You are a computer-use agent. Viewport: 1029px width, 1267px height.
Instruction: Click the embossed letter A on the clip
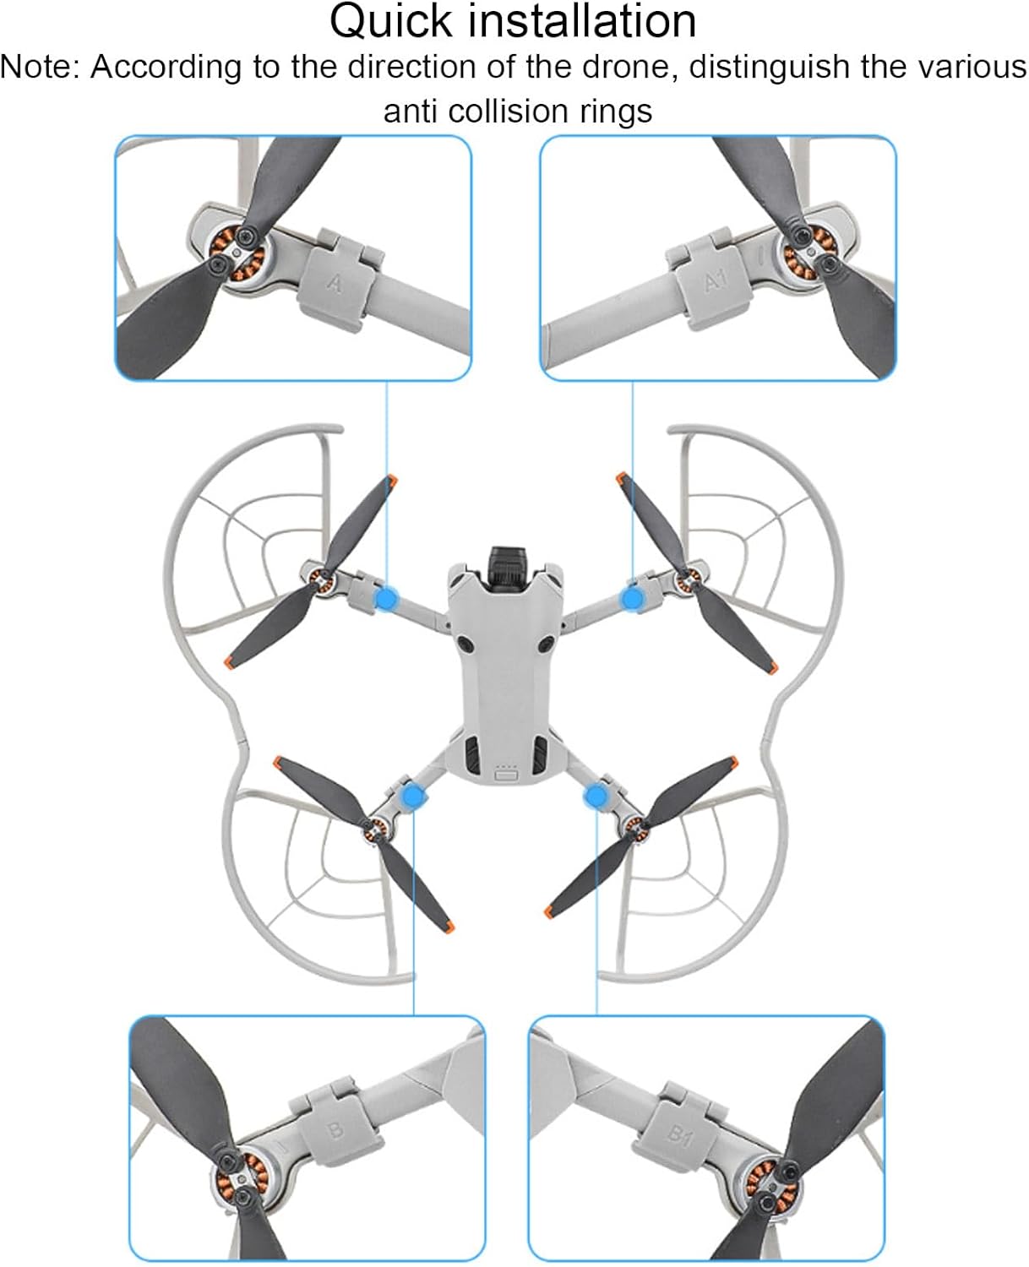335,284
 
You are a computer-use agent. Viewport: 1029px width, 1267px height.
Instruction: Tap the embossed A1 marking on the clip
715,281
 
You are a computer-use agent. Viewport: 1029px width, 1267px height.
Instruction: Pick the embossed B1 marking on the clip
680,1134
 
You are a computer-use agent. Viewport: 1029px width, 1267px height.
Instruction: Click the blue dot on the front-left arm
387,598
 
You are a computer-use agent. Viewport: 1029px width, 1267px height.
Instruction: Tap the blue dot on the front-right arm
632,599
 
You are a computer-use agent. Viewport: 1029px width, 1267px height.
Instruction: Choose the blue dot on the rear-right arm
596,796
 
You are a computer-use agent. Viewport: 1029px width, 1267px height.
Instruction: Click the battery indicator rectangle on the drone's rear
508,775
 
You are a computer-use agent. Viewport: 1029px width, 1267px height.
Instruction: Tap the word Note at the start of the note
39,67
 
